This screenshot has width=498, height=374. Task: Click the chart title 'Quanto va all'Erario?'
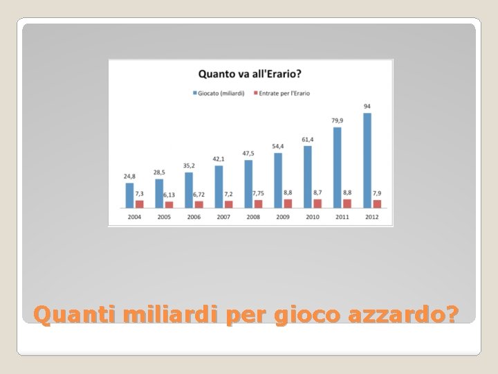coord(254,73)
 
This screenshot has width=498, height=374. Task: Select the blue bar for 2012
coord(367,160)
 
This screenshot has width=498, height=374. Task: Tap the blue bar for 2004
coord(129,195)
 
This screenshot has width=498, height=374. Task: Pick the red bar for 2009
coord(288,204)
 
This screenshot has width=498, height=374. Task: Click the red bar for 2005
coord(169,204)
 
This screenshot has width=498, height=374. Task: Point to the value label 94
coord(367,107)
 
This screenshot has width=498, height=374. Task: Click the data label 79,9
coord(338,121)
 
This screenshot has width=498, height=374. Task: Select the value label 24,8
coord(129,177)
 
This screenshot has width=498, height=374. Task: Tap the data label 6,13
coord(169,195)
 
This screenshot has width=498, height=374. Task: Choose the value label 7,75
coord(258,194)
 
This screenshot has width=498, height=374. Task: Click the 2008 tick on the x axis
coord(253,217)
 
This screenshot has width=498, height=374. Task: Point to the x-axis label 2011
coord(342,217)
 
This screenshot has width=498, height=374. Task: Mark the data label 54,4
coord(277,146)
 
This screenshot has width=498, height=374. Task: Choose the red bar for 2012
coord(377,204)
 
